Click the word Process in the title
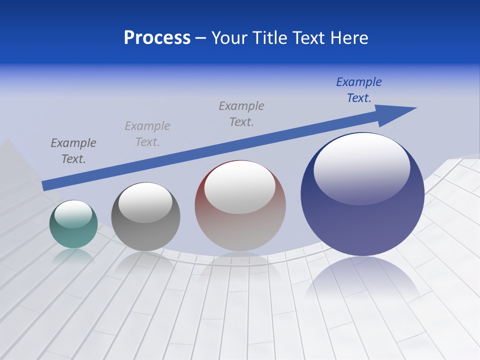[157, 38]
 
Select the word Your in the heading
[228, 38]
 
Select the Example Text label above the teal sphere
[73, 151]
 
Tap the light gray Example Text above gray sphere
[147, 134]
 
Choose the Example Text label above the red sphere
[241, 114]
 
